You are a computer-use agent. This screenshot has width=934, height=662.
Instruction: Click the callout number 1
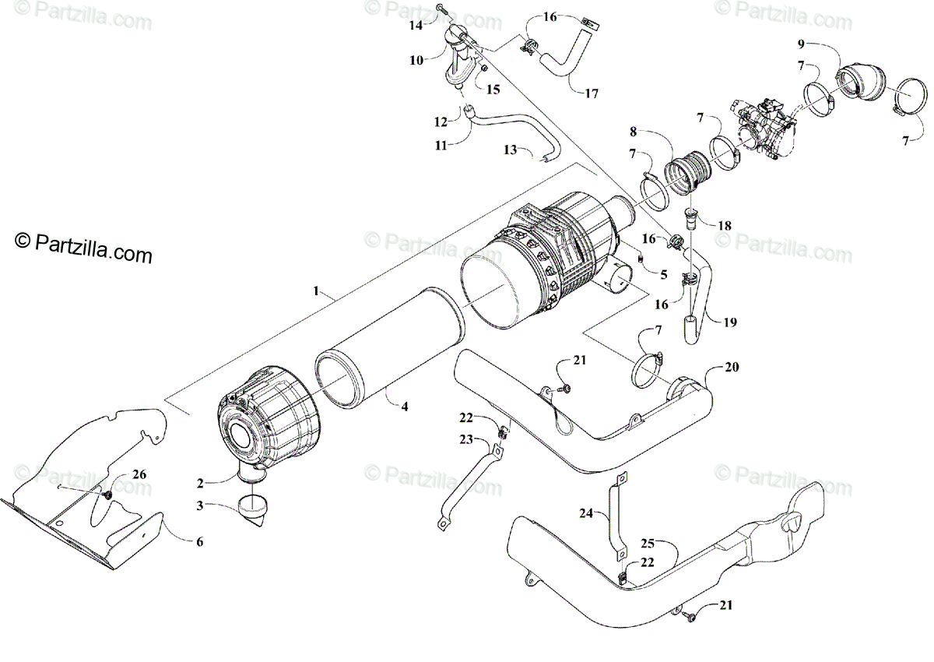[317, 291]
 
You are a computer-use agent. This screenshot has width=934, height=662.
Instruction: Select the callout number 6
[199, 541]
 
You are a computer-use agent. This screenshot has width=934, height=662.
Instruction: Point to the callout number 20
[732, 367]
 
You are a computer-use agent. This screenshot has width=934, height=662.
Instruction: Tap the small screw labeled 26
[107, 494]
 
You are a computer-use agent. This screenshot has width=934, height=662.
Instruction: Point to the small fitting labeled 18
[689, 217]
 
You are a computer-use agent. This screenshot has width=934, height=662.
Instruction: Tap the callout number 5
[663, 274]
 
